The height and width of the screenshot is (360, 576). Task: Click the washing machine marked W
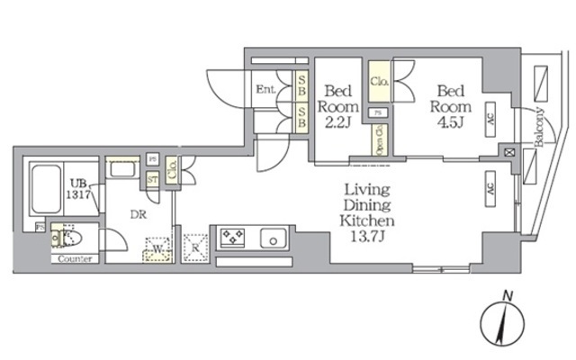click(x=158, y=247)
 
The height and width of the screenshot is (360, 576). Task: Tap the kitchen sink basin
click(x=273, y=239)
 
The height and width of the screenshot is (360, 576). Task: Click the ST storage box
click(x=153, y=180)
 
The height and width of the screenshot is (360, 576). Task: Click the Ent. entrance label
click(x=265, y=89)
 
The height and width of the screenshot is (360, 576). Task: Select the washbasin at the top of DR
click(x=121, y=168)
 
